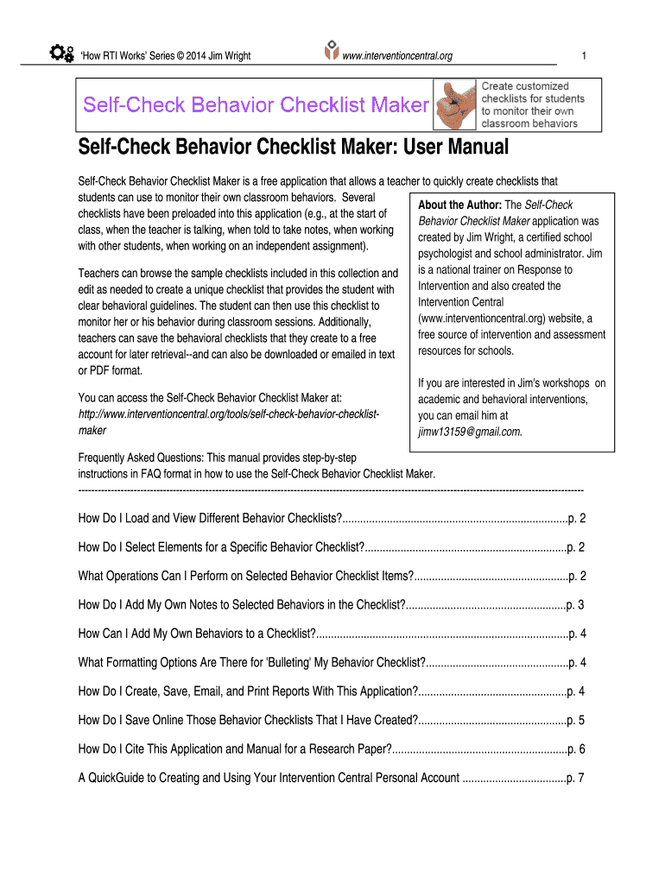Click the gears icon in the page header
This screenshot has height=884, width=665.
tap(61, 54)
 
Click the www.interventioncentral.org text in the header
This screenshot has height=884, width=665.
tap(397, 56)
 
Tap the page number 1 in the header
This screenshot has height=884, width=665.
tap(585, 56)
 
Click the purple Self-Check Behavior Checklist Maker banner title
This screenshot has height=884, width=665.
tap(256, 105)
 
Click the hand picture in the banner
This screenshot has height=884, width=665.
tap(453, 105)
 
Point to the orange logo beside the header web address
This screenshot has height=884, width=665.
tap(330, 52)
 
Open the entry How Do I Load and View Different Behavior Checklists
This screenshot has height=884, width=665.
tap(210, 519)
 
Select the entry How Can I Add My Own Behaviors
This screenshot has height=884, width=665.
tap(196, 634)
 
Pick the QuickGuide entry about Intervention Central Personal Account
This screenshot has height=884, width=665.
tap(268, 778)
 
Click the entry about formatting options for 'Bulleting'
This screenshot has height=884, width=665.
tap(251, 663)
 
